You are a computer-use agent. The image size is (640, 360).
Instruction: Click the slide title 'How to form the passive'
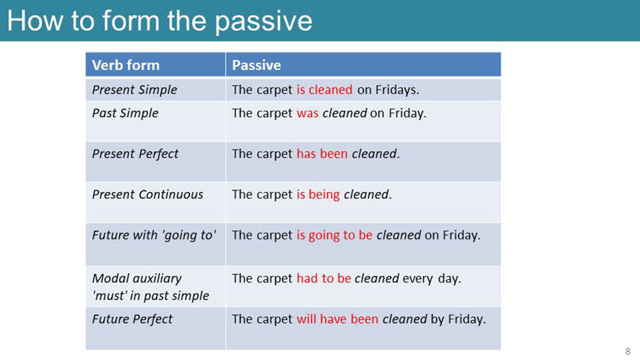coord(159,21)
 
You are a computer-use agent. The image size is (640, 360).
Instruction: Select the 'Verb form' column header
coord(126,65)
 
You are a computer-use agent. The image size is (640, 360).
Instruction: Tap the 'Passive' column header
coord(256,65)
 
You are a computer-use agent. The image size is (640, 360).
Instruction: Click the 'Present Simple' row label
coord(135,90)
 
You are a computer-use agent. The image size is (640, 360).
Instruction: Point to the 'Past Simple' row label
coord(125,113)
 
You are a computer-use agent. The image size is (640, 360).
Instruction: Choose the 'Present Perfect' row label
coord(135,154)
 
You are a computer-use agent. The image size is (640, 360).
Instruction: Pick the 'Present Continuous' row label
coord(147,194)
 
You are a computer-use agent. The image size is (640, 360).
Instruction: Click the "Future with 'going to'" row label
coord(153,236)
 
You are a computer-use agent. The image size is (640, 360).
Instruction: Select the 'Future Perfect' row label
coord(133,319)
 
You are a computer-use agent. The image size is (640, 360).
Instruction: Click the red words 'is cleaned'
coord(324,90)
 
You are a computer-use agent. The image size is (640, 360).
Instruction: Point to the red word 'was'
coord(307,113)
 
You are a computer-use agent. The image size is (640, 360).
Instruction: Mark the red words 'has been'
coord(322,154)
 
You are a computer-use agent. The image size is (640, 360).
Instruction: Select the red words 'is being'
coord(318,195)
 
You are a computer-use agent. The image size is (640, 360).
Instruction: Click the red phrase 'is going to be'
coord(334,236)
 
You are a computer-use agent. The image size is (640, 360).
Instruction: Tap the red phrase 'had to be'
coord(324,279)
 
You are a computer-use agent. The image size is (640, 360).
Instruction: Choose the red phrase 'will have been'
coord(337,319)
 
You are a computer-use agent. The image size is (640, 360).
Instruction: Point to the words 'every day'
coord(431,279)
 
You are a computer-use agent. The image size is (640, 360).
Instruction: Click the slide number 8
coord(627,351)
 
